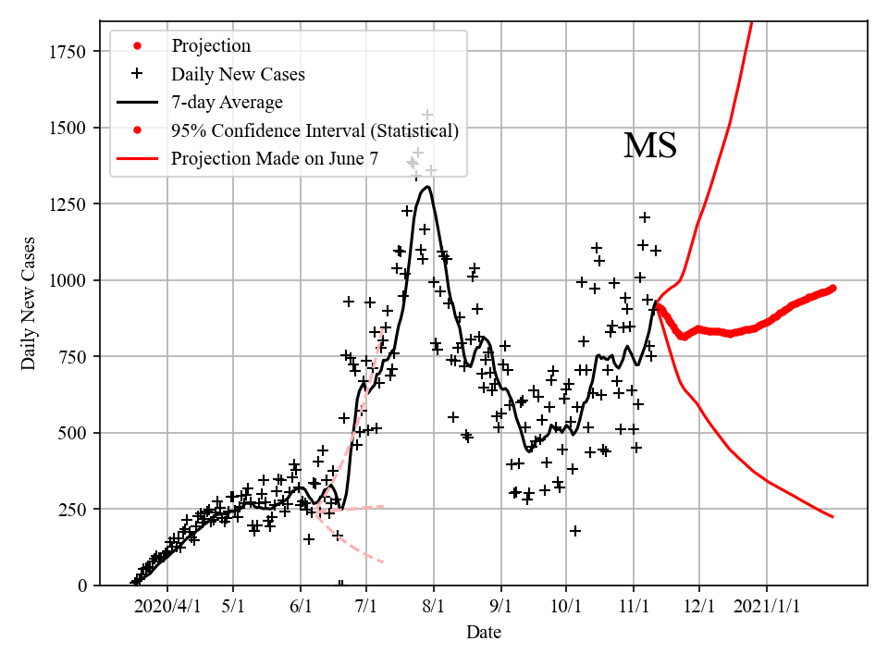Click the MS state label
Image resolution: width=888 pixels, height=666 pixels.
[650, 146]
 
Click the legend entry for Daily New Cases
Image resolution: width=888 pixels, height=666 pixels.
[238, 74]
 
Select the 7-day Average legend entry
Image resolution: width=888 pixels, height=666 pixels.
[227, 102]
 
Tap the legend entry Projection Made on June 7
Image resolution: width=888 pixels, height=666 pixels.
[275, 159]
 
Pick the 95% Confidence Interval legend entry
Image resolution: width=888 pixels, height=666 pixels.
[314, 130]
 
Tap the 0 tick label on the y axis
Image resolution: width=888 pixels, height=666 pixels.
[81, 586]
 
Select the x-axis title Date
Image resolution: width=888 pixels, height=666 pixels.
[484, 633]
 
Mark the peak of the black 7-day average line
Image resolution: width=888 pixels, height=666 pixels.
[426, 188]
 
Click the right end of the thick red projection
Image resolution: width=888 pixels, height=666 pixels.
[833, 288]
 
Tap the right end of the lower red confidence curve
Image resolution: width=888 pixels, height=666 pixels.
[832, 516]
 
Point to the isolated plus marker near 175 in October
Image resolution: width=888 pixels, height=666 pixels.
[575, 531]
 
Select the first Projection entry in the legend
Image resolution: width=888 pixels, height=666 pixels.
[211, 46]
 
